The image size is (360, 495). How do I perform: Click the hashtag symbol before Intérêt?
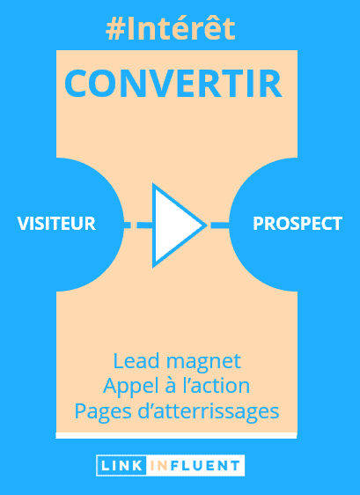[115, 30]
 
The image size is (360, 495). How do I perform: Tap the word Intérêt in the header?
[181, 28]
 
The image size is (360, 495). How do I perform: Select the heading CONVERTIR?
[173, 84]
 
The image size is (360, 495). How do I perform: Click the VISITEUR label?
[56, 224]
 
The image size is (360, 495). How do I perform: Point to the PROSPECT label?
[298, 224]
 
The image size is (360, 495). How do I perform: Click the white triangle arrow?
[174, 225]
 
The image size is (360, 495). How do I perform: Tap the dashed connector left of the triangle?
[138, 225]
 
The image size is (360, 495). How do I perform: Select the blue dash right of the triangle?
[219, 225]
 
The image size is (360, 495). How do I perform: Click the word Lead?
[136, 361]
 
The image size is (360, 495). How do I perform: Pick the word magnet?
[204, 362]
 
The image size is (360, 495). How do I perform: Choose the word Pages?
[103, 412]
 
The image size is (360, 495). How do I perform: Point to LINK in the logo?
[121, 466]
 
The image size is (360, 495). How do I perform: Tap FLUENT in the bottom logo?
[204, 466]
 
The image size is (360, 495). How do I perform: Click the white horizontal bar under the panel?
[176, 436]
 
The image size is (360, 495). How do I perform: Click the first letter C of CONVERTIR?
[76, 84]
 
